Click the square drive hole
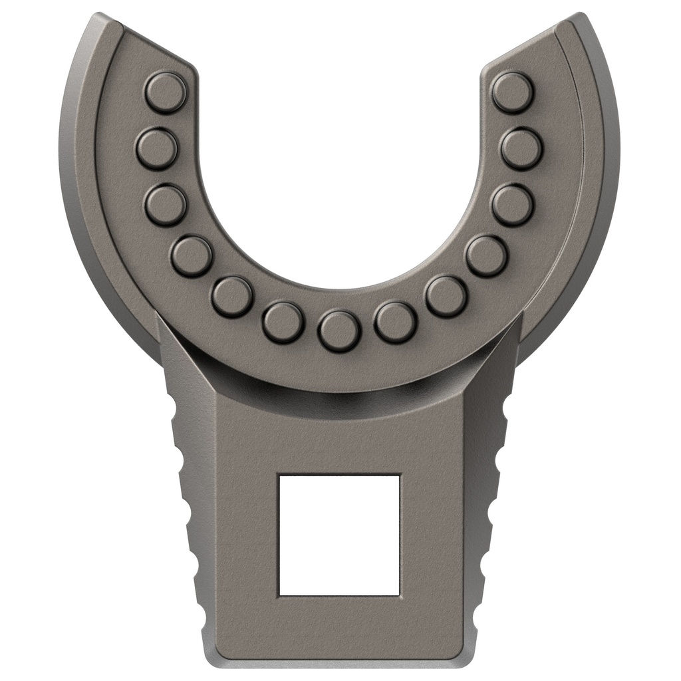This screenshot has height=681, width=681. [339, 535]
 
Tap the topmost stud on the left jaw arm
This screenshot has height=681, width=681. [165, 92]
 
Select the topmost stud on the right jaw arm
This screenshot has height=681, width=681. [513, 92]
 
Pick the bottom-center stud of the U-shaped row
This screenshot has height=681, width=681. [339, 331]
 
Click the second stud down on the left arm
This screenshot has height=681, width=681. [157, 148]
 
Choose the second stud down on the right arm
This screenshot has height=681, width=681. [521, 148]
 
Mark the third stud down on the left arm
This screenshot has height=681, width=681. [165, 205]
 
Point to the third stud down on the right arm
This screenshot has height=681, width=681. [513, 205]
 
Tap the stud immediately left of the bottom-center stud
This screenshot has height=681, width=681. [283, 323]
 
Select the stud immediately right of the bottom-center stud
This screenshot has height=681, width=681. [395, 323]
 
